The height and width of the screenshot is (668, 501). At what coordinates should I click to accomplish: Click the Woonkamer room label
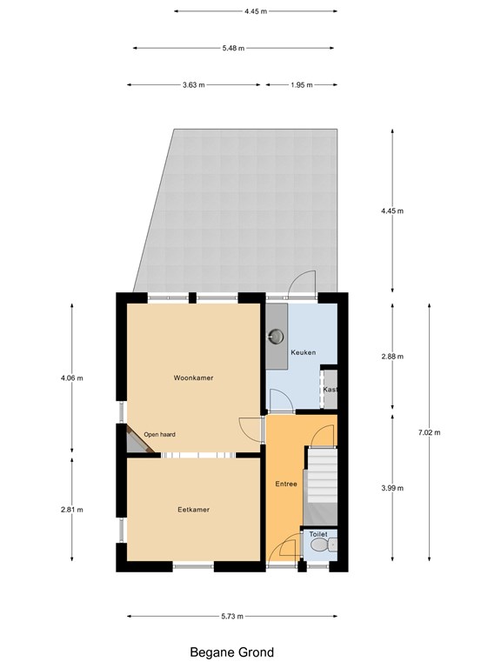pos(193,377)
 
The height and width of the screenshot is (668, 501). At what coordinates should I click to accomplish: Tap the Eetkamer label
pos(193,510)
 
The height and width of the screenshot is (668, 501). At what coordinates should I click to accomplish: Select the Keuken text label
pos(304,352)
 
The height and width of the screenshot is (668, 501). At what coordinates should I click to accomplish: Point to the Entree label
pos(286,484)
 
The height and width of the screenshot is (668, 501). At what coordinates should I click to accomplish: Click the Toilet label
pos(318,534)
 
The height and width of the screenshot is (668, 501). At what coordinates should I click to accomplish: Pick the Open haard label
pos(159,435)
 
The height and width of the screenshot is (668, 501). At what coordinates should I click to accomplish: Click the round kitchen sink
pos(277,337)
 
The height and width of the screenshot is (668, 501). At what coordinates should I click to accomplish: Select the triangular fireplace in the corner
pos(137,441)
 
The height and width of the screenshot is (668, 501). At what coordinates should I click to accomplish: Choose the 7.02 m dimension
pos(429,432)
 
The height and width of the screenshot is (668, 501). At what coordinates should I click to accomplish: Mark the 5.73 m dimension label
pos(232,616)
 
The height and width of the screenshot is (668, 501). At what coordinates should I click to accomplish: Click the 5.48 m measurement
pos(233,48)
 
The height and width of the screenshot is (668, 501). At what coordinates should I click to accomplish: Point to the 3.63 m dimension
pos(193,84)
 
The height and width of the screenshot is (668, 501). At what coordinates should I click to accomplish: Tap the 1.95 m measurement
pos(302,84)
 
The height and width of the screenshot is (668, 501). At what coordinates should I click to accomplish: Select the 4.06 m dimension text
pos(71,377)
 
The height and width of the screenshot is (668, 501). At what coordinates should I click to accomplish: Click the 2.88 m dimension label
pos(392,357)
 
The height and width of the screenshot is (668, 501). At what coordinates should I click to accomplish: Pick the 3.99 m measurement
pos(392,488)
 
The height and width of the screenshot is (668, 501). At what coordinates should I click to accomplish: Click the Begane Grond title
pos(231,652)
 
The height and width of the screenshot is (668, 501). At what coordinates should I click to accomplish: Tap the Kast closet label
pos(331,390)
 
